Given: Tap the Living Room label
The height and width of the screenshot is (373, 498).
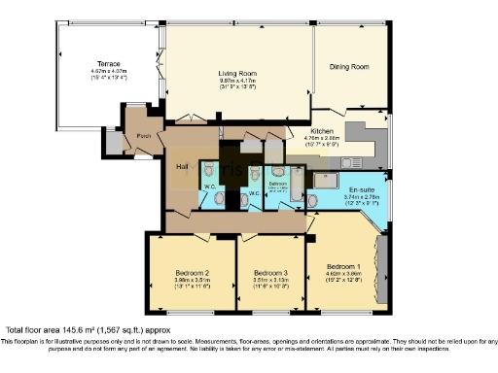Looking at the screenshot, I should pyautogui.click(x=236, y=73).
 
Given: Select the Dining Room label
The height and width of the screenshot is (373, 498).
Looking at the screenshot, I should pyautogui.click(x=350, y=67).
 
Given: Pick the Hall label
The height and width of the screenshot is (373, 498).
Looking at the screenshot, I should pyautogui.click(x=182, y=166).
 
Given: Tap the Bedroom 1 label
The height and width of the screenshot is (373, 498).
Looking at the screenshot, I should pyautogui.click(x=342, y=265).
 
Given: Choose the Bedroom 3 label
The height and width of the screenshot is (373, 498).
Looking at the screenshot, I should pyautogui.click(x=270, y=273).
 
